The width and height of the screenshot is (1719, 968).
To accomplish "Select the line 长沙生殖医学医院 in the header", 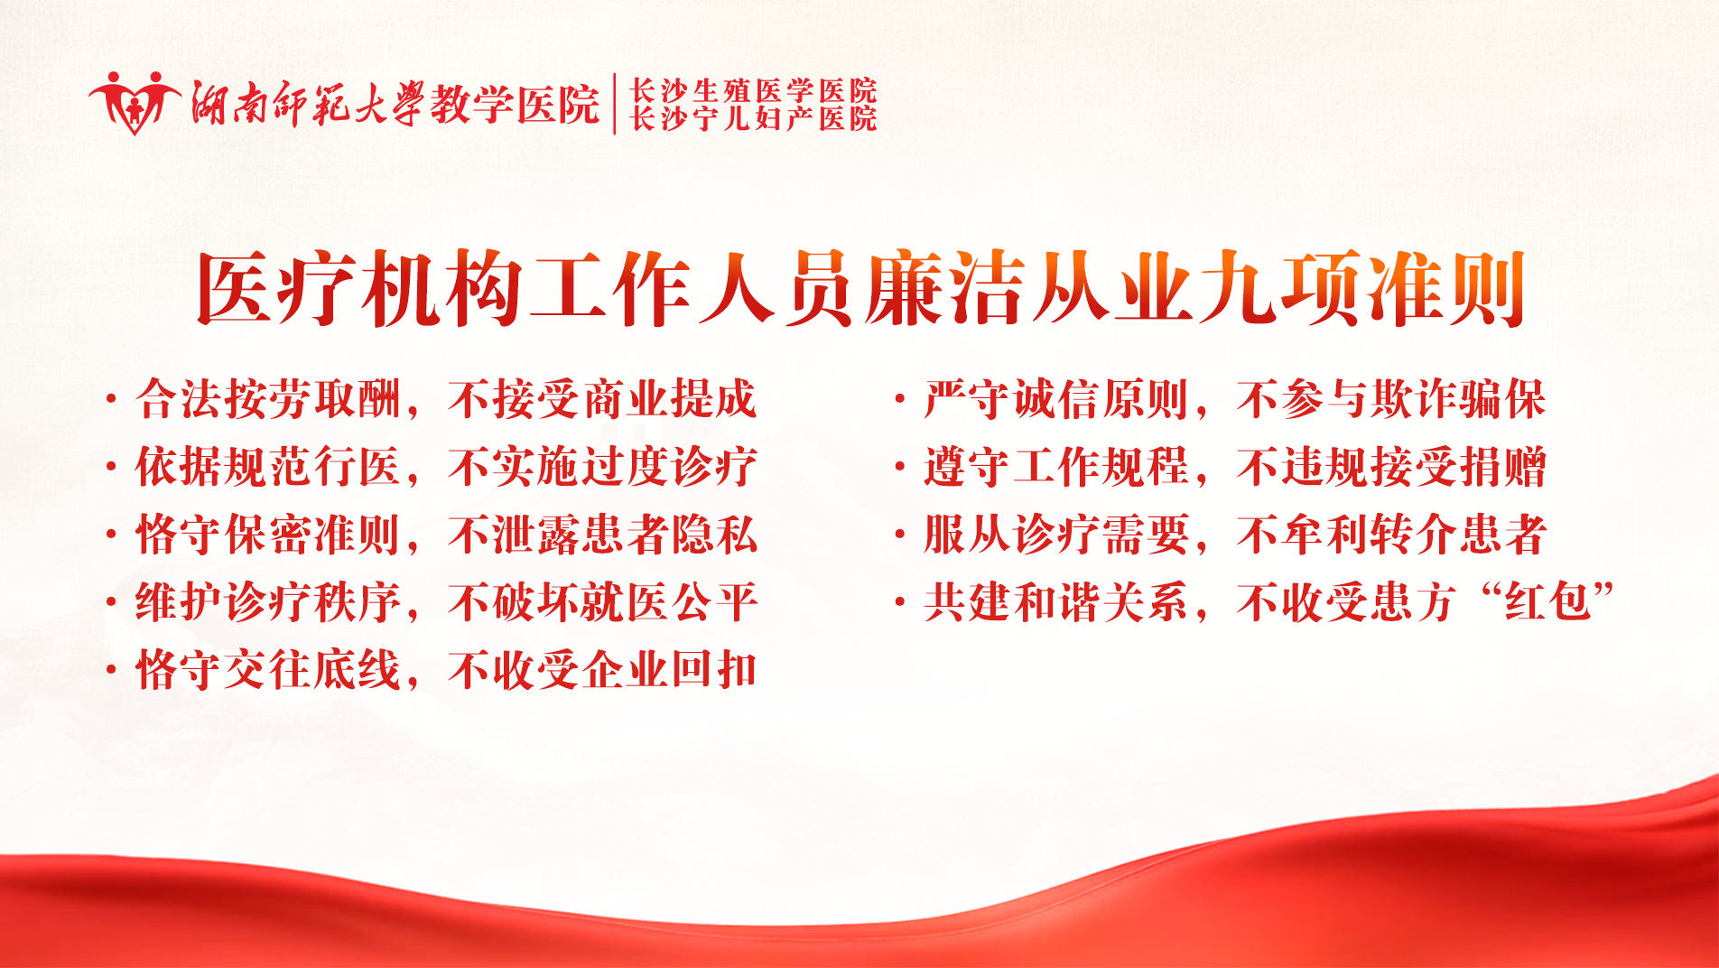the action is (x=753, y=90).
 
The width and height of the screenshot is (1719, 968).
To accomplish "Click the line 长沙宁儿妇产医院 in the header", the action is (x=753, y=118).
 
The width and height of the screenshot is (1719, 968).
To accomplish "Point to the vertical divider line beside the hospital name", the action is (x=615, y=104).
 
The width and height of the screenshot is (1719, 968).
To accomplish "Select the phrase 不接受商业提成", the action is (x=602, y=399).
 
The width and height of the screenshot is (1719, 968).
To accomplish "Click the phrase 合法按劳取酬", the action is (x=268, y=399).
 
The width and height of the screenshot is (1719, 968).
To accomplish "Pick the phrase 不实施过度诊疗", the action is (x=602, y=467).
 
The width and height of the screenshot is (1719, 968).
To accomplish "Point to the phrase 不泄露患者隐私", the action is (x=602, y=535).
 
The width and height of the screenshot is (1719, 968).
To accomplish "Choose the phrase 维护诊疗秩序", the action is (x=268, y=602).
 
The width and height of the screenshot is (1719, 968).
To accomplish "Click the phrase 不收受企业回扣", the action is (x=602, y=670).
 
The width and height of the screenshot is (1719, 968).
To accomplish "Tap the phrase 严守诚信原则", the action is (x=1056, y=399).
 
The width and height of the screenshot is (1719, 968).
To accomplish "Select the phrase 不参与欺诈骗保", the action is (x=1391, y=399).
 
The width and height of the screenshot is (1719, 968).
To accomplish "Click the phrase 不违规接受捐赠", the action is (x=1391, y=467).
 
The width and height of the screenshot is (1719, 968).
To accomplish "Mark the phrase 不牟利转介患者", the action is (x=1391, y=535).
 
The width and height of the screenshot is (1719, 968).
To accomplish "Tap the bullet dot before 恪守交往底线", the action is (x=111, y=671).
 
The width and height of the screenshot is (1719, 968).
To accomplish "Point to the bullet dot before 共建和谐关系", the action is (x=899, y=603).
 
